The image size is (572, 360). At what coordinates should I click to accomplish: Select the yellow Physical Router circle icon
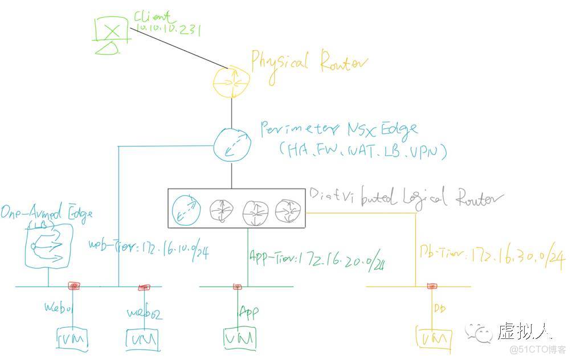tap(231, 81)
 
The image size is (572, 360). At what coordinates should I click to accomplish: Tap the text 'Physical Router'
tap(309, 62)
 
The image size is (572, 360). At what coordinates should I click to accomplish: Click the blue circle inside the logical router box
tap(188, 210)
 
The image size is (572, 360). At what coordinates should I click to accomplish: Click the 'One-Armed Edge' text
tap(46, 215)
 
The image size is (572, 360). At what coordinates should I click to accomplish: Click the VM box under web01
tap(73, 339)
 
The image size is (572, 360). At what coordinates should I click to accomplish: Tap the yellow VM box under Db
tap(434, 339)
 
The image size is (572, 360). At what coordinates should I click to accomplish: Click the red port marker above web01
tap(74, 285)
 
